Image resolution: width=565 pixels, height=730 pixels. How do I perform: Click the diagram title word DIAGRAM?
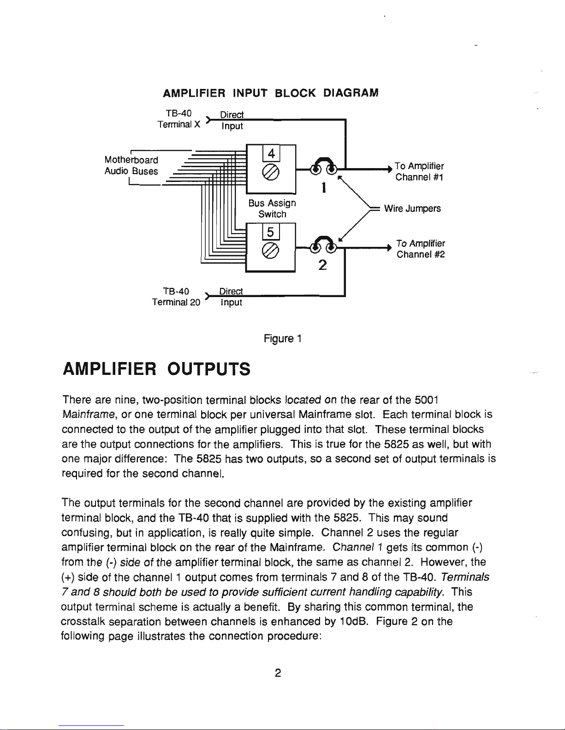tap(351, 93)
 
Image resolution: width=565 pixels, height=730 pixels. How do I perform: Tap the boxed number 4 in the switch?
tap(272, 153)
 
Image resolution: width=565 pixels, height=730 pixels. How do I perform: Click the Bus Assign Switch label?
tap(272, 209)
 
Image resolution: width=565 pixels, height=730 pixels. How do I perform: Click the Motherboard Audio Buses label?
tap(131, 165)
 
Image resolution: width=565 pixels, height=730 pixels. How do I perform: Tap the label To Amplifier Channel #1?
tap(419, 171)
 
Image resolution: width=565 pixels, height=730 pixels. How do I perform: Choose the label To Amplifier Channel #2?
tap(420, 249)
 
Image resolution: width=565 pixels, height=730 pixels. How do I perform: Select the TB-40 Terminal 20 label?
tap(176, 297)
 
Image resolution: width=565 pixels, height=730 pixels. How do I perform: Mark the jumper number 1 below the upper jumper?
tap(324, 188)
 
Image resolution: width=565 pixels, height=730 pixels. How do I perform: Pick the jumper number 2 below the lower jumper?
tap(323, 265)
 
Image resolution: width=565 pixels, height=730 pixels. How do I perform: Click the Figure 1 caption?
tap(282, 339)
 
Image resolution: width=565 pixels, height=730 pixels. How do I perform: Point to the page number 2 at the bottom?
tap(278, 673)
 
